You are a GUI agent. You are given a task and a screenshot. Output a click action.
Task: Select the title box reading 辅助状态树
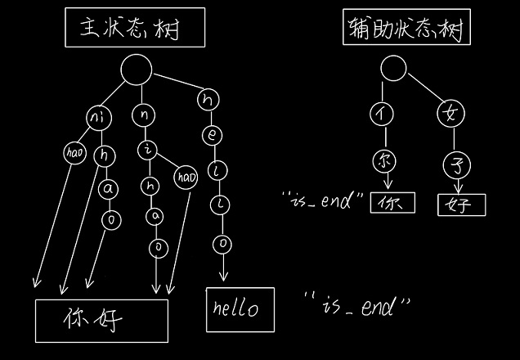point(404,31)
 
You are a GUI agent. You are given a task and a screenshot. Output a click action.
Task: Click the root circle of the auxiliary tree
point(393,73)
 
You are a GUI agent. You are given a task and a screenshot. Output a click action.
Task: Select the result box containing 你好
point(101,320)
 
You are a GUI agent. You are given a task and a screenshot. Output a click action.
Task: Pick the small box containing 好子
point(461,204)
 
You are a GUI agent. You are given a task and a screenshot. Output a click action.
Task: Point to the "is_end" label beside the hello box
point(356,307)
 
